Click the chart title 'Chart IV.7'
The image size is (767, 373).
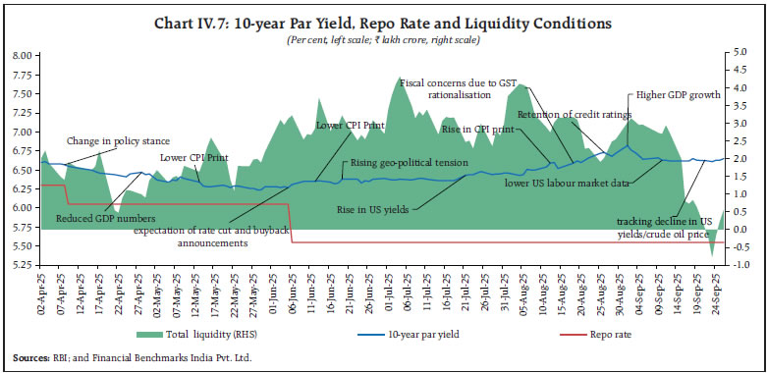click(383, 23)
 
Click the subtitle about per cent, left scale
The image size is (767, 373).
click(383, 39)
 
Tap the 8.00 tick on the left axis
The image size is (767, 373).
click(21, 56)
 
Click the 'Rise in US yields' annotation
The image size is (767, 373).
click(372, 208)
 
